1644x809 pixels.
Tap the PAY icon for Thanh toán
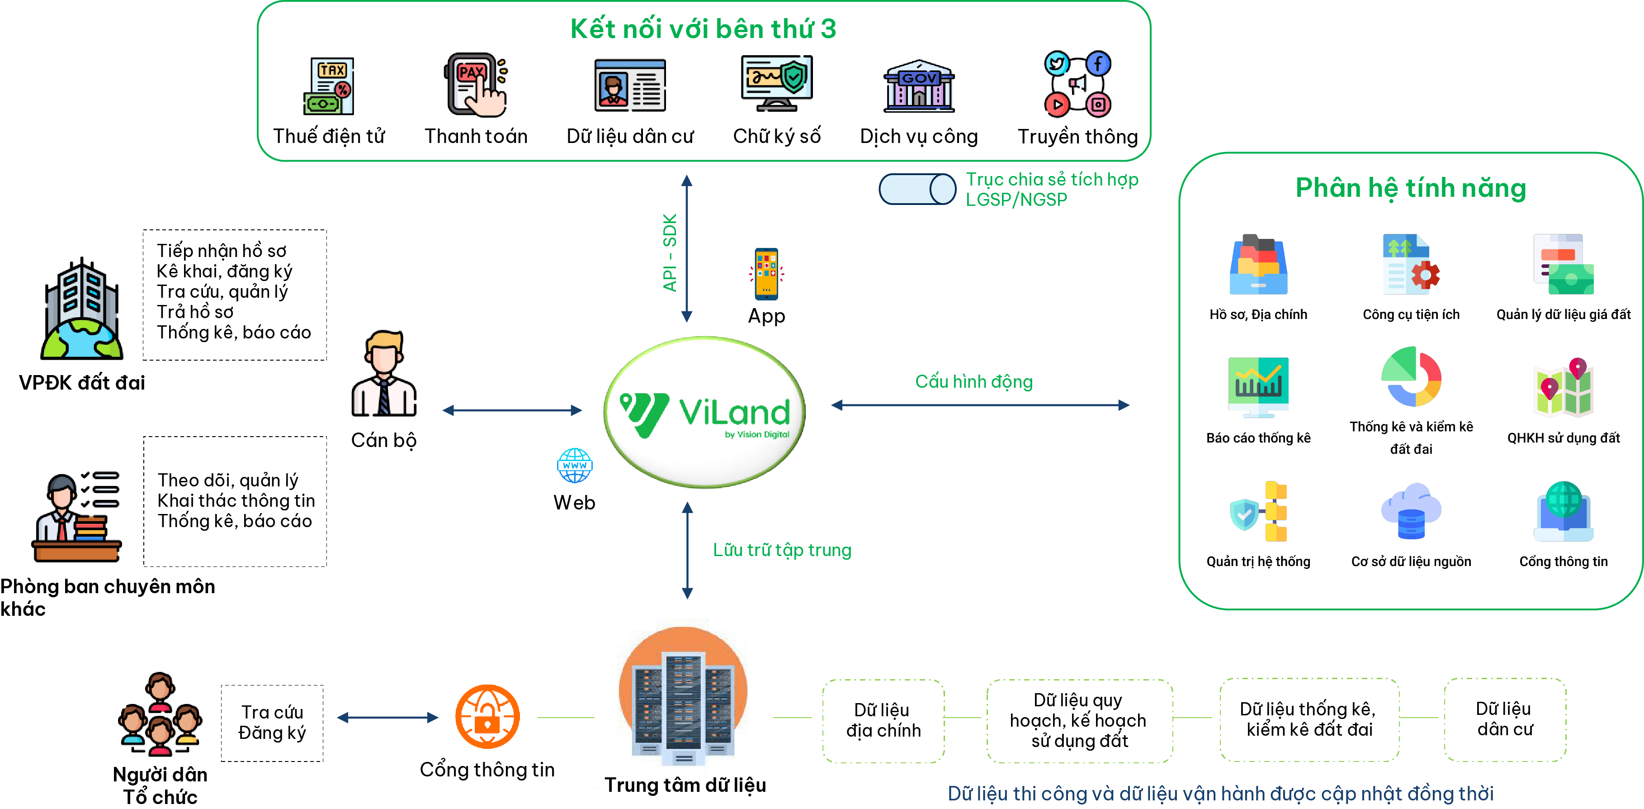coord(476,85)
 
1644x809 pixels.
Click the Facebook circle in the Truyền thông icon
coord(1098,64)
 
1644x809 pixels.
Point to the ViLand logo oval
coord(704,412)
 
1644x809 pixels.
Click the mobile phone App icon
coord(766,273)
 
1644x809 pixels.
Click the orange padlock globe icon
coord(487,716)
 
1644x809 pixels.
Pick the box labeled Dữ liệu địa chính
coord(883,720)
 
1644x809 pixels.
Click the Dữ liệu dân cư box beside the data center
coord(1505,719)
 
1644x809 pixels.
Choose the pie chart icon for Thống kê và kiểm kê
coord(1411,377)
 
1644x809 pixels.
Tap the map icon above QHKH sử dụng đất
coord(1564,388)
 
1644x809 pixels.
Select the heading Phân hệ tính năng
coord(1410,188)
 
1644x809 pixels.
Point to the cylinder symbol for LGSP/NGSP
coord(917,189)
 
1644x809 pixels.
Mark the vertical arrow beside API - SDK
coord(687,249)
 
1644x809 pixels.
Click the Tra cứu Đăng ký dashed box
coord(272,723)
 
